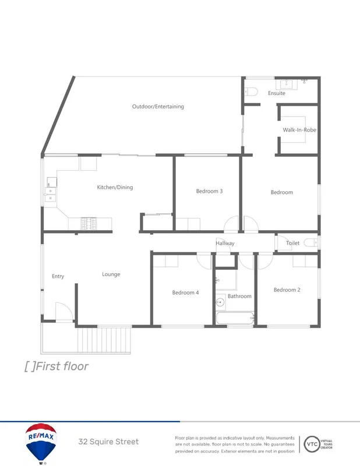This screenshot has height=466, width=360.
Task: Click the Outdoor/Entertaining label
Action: click(x=158, y=107)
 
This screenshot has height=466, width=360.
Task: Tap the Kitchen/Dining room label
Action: click(x=115, y=188)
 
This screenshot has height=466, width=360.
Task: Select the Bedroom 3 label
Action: click(x=209, y=191)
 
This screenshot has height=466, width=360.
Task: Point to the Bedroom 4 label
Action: click(x=185, y=292)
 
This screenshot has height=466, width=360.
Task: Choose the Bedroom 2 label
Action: click(x=287, y=290)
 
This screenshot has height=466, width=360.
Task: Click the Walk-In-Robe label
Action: click(x=299, y=130)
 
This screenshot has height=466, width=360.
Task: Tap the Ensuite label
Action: click(x=277, y=93)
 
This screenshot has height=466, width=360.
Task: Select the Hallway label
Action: click(x=225, y=243)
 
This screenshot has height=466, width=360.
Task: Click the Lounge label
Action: click(x=111, y=274)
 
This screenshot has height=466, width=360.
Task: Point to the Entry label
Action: click(x=58, y=277)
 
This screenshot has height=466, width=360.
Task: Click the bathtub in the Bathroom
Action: click(x=235, y=318)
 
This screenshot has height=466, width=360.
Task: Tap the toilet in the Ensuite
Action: click(x=251, y=91)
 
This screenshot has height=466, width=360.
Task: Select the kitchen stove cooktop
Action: click(x=90, y=223)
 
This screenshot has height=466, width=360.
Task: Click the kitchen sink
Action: click(x=51, y=194)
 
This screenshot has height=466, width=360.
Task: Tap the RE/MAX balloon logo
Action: click(x=41, y=443)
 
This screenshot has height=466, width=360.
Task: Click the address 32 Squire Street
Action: click(x=108, y=442)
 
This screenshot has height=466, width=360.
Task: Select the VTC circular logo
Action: click(x=312, y=444)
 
